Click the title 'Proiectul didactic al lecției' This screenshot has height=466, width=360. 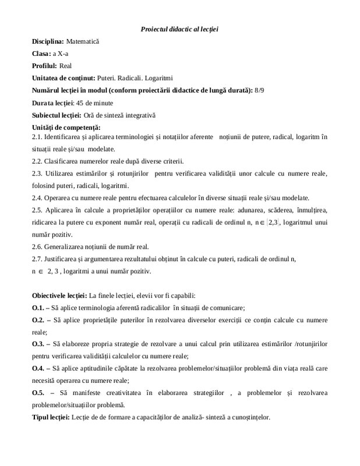tap(179, 29)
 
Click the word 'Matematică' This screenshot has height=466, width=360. tap(83, 42)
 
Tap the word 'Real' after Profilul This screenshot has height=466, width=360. tap(66, 66)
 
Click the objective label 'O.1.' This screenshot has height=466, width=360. tap(38, 308)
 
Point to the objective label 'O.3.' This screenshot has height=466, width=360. tap(38, 344)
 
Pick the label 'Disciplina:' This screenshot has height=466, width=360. tap(48, 42)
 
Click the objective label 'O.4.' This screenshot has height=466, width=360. tap(38, 369)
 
